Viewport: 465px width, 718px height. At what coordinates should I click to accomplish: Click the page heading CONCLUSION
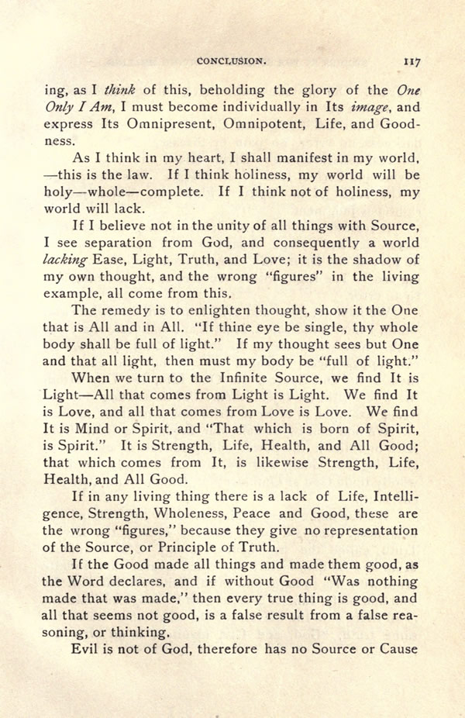232,58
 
